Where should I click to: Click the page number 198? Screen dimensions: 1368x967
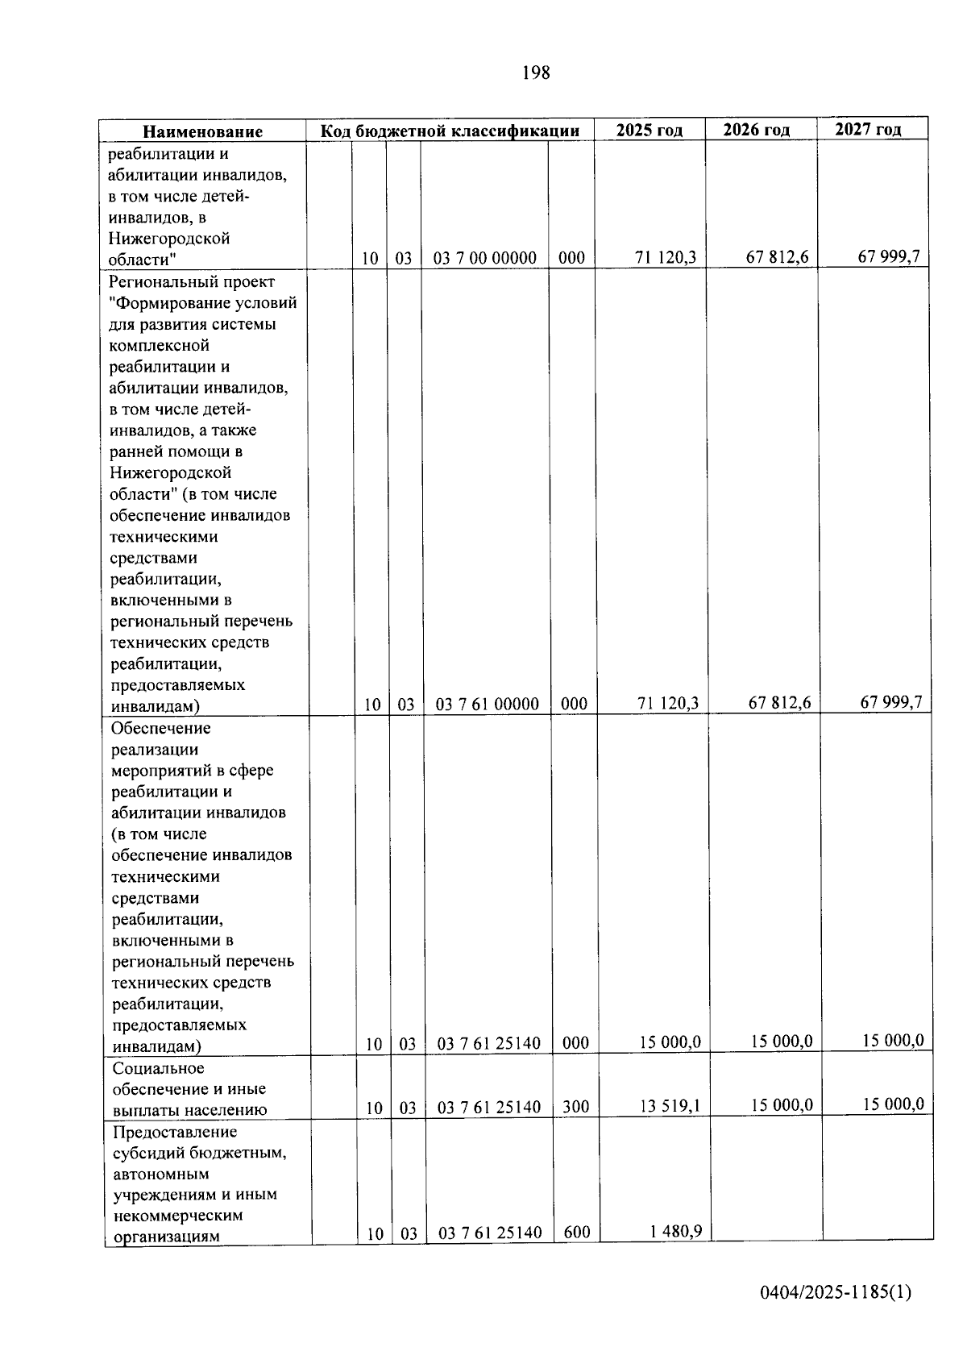tap(536, 73)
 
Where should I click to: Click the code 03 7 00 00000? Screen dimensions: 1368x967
tap(485, 259)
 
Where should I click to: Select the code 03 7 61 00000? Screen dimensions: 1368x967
tap(488, 705)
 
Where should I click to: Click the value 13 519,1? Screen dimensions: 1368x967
tap(670, 1106)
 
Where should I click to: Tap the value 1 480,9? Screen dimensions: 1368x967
tap(675, 1231)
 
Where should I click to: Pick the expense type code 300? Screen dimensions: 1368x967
tap(575, 1107)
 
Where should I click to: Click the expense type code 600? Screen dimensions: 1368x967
tap(577, 1233)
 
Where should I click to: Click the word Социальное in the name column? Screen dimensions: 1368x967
tap(158, 1068)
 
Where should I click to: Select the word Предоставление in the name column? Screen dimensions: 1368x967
tap(175, 1132)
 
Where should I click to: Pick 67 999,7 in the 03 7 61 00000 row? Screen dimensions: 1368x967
tap(890, 702)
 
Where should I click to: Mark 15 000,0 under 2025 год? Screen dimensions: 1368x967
tap(670, 1042)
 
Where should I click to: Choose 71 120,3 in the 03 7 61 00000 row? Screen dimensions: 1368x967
tap(667, 704)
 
